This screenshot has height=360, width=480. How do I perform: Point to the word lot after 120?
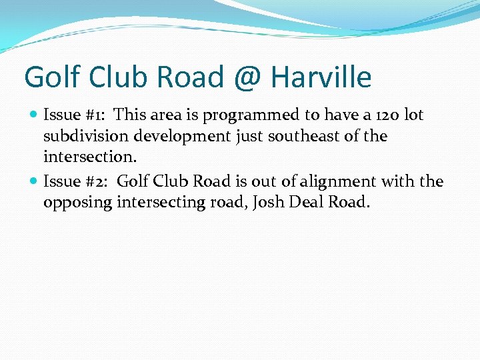tap(414, 115)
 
